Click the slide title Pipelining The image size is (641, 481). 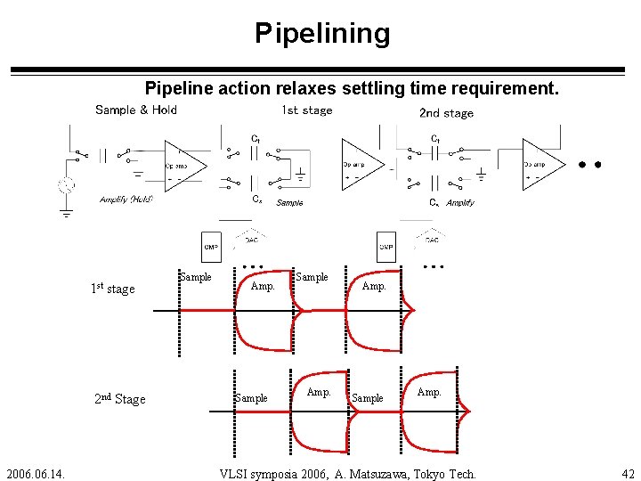322,34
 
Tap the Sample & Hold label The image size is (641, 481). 136,110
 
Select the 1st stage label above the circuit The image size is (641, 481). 306,110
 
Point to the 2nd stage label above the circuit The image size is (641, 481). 446,113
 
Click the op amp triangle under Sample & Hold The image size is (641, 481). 183,166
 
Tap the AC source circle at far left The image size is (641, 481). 66,186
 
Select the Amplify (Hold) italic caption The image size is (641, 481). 126,200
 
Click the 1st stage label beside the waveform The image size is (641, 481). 113,289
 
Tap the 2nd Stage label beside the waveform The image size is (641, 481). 119,399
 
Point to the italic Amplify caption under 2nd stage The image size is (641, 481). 460,203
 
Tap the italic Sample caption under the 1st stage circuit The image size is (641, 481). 289,203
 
